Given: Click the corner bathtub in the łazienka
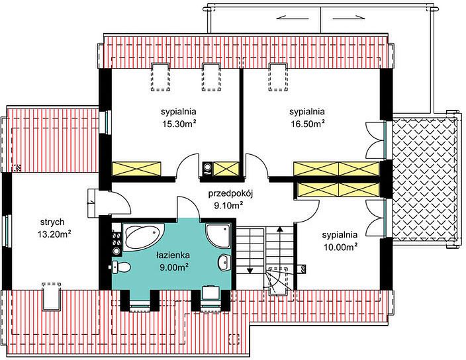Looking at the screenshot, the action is click(143, 238).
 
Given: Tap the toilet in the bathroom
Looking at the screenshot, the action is click(121, 267).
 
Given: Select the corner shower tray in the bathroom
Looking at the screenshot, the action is click(218, 236).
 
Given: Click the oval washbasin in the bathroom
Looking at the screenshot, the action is click(224, 262).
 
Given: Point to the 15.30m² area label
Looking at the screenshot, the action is click(179, 124).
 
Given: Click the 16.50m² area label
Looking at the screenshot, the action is click(307, 124).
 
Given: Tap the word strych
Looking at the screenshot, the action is click(52, 222).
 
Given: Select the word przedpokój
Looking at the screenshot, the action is click(230, 194).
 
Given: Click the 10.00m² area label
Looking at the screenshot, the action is click(340, 247).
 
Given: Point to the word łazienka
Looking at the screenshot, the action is click(173, 255).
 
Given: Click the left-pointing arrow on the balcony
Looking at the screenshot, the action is click(293, 17).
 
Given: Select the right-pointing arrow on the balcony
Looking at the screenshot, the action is click(349, 17).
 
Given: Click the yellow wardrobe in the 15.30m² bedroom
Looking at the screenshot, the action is click(136, 169).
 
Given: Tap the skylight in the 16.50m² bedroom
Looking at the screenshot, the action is click(278, 77).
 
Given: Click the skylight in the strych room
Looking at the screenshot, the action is click(52, 296).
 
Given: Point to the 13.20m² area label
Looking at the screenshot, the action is click(54, 234).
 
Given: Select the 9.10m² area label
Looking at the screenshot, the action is click(229, 205).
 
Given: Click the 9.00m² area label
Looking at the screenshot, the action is click(175, 267).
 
